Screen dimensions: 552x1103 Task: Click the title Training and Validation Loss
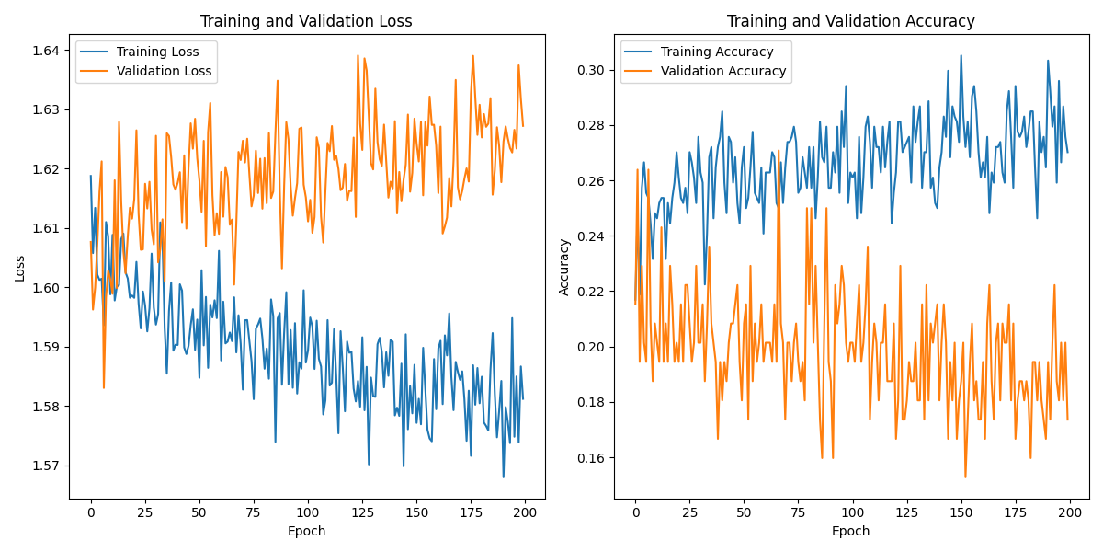306,21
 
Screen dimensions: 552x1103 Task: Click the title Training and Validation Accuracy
850,21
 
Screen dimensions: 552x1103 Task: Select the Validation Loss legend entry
164,71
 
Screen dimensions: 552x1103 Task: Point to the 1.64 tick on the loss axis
47,51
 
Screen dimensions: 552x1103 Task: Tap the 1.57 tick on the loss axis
47,466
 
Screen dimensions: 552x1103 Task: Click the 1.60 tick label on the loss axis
47,288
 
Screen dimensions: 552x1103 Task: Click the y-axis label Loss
19,268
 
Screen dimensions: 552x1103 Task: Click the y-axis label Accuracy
564,267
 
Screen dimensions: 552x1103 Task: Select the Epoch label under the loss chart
306,531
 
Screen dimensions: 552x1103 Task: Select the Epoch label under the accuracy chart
850,531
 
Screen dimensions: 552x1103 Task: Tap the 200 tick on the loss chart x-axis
525,512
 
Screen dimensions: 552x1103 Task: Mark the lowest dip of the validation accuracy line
965,477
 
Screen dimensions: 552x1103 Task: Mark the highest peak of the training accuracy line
961,55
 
